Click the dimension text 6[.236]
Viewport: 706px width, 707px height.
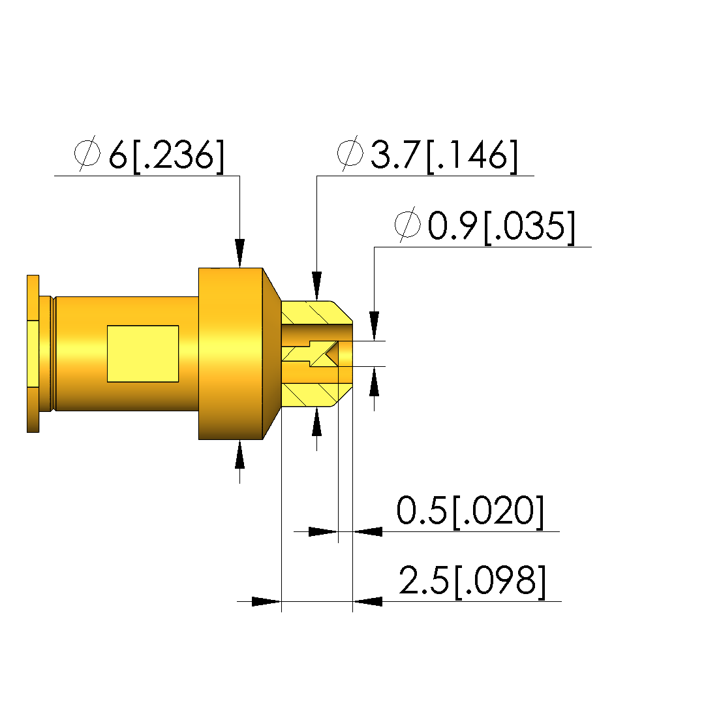[x=166, y=155]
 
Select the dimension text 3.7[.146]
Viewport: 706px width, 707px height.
[x=444, y=155]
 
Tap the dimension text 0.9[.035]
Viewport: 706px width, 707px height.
[x=502, y=227]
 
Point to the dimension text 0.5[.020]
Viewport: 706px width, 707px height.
[x=470, y=511]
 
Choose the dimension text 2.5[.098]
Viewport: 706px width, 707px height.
[x=472, y=582]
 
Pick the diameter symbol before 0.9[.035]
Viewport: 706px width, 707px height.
[x=408, y=224]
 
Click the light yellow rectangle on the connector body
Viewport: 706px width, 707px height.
[x=143, y=354]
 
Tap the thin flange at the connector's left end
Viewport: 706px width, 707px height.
[x=33, y=354]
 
